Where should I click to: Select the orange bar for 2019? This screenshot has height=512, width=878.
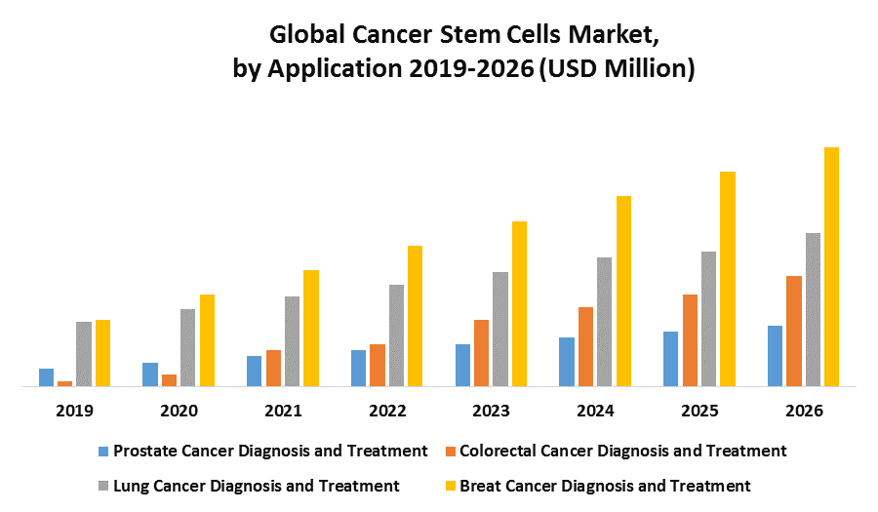coord(64,382)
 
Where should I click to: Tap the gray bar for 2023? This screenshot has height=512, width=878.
coord(500,329)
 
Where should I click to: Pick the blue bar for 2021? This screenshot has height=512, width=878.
coord(254,371)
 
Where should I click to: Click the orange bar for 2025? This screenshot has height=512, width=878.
coord(690,339)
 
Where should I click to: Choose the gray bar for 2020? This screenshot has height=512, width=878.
coord(187,347)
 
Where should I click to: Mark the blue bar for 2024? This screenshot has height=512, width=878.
coord(566,361)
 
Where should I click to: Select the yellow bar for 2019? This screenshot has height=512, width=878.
coord(102,352)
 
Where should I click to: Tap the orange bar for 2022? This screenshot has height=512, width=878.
coord(377,365)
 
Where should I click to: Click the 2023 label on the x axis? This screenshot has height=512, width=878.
coord(491,411)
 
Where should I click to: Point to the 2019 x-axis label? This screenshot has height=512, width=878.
coord(74,411)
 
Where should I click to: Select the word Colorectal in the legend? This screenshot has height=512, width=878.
coord(499,451)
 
